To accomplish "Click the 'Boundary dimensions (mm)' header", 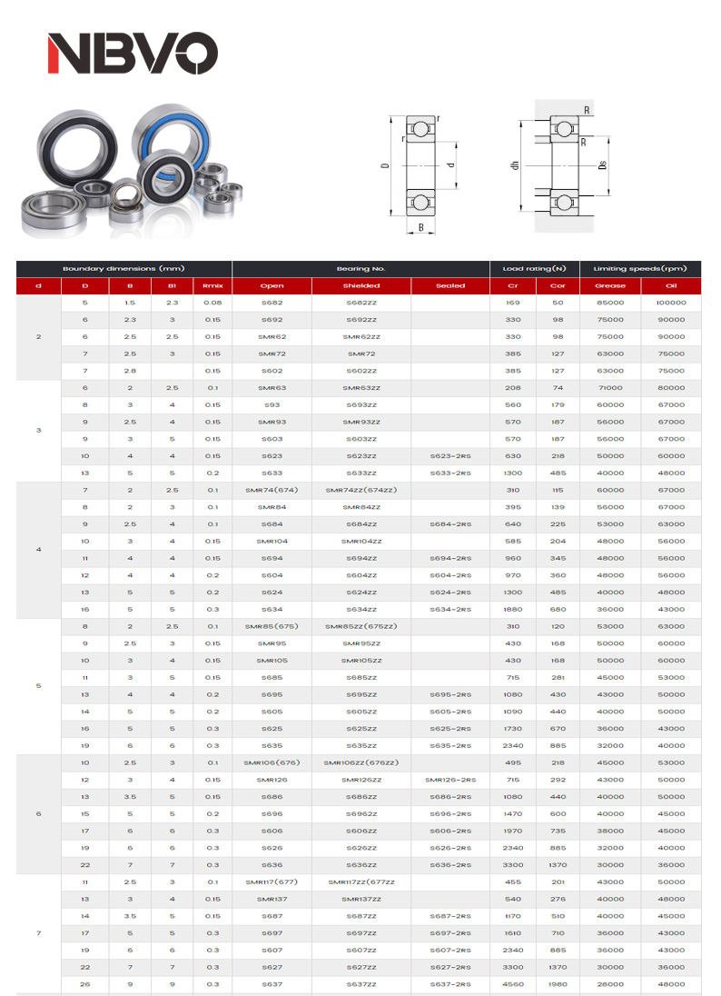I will point(123,269).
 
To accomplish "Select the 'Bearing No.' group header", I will point(360,269).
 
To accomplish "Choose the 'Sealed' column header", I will point(449,285).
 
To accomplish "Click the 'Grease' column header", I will point(610,285).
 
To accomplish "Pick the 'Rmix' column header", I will point(212,285).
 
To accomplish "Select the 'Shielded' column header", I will point(361,285).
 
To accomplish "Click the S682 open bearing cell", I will point(272,303).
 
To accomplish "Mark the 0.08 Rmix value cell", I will point(212,303).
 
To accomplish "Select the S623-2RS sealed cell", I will point(449,456).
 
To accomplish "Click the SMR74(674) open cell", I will point(272,491).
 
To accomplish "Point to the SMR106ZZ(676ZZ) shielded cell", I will point(361,762).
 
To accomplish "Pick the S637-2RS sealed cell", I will point(449,984).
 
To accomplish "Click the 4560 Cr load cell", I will point(513,984).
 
